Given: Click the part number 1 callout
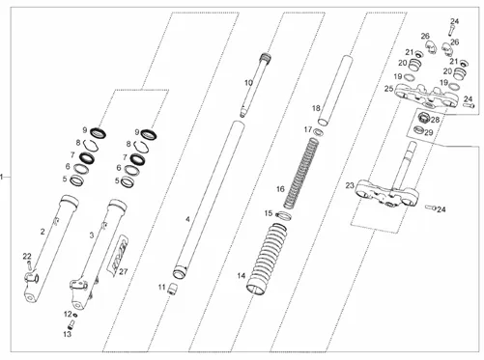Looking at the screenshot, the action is click(x=2, y=177).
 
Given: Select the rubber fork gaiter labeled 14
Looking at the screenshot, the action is click(x=267, y=259).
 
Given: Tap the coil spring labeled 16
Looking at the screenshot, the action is click(x=301, y=173).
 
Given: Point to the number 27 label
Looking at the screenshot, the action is click(x=124, y=271).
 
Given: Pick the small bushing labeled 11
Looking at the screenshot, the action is click(x=174, y=288).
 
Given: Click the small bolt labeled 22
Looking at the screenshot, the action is click(x=29, y=265).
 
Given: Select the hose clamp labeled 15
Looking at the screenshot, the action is click(x=283, y=215).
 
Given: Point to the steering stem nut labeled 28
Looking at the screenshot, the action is click(x=423, y=119).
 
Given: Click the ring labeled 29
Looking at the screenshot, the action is click(x=418, y=130).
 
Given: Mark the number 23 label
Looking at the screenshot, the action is click(x=350, y=185).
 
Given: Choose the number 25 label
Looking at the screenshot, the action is click(x=388, y=89).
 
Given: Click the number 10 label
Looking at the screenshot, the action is click(x=248, y=83).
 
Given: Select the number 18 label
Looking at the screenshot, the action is click(x=316, y=108).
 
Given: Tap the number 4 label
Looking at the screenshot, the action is click(x=187, y=220).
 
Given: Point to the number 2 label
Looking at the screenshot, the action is click(x=43, y=232).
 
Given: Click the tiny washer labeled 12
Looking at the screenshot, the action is click(x=75, y=315).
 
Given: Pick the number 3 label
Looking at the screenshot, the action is click(x=92, y=235).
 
